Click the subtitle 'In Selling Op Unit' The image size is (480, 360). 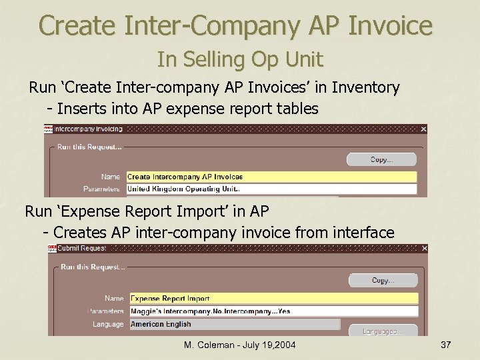(240, 60)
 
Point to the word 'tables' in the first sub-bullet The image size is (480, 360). (295, 108)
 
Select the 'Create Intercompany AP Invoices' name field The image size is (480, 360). (271, 177)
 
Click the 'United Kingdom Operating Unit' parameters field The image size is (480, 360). (271, 189)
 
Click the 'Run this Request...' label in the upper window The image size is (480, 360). (89, 146)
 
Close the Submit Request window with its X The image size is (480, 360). (424, 249)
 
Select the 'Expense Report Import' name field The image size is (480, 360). (273, 298)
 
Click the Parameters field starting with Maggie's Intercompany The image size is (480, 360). (273, 311)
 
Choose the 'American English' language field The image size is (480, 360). (235, 324)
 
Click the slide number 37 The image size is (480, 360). (446, 345)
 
